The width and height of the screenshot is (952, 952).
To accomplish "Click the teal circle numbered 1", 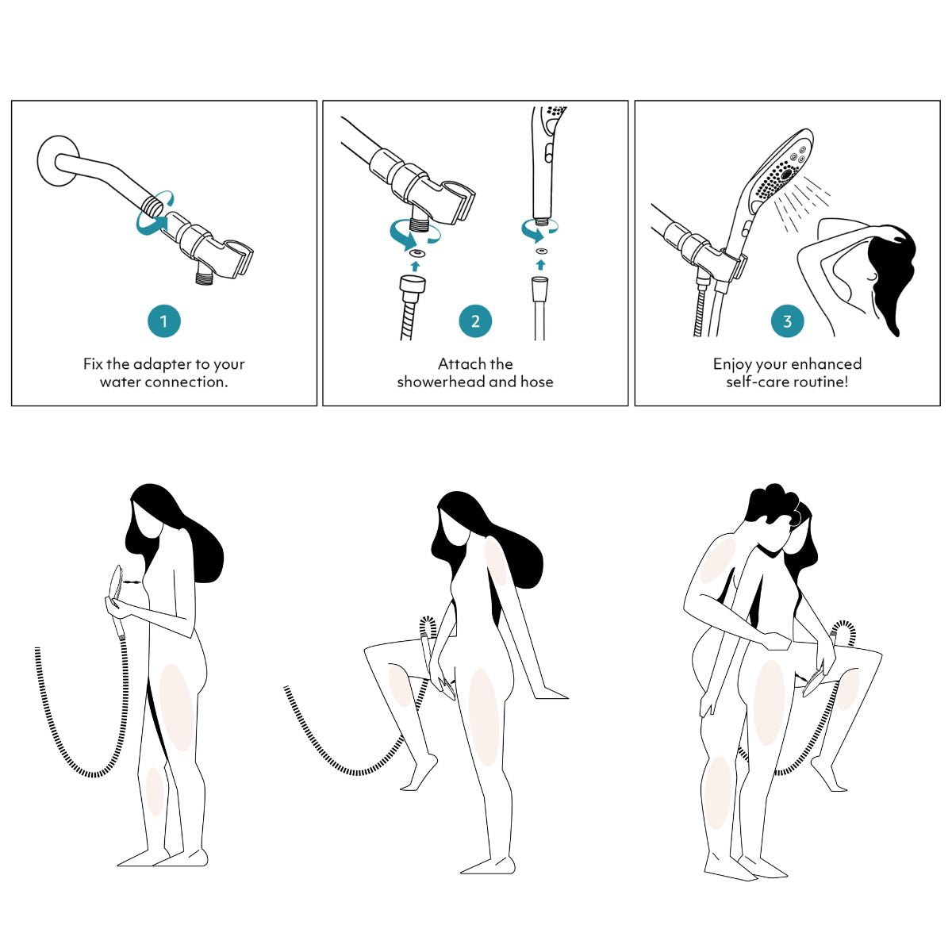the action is pyautogui.click(x=164, y=321).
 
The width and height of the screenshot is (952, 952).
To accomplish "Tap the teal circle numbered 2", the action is pyautogui.click(x=475, y=321).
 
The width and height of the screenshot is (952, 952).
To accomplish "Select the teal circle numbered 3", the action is pyautogui.click(x=788, y=321).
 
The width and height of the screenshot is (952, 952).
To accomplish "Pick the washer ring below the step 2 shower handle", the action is pyautogui.click(x=541, y=251).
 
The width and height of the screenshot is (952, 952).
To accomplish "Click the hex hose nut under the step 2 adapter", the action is pyautogui.click(x=412, y=286).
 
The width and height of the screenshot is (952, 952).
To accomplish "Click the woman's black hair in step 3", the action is pyautogui.click(x=889, y=272).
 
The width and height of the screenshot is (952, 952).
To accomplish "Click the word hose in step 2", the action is pyautogui.click(x=536, y=382).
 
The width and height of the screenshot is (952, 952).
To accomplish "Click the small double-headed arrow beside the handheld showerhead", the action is pyautogui.click(x=131, y=583).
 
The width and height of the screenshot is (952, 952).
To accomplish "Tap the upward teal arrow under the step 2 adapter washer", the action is pyautogui.click(x=416, y=267).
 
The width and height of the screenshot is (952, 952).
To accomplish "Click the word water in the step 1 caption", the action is pyautogui.click(x=121, y=382).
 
